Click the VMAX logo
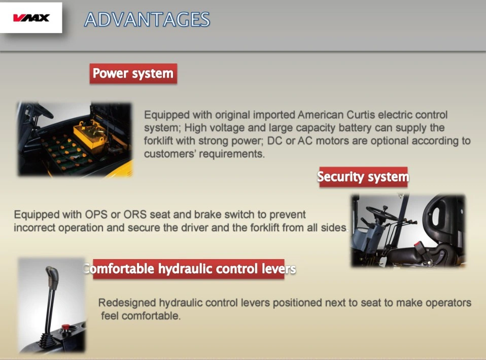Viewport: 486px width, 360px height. [31, 18]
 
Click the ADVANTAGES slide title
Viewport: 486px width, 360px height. [147, 19]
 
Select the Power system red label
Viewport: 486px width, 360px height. [133, 74]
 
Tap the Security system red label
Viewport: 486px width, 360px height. [363, 177]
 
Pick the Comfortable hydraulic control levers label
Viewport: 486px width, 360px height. [189, 269]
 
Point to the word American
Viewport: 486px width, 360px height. [320, 115]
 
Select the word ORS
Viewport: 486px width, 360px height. [134, 214]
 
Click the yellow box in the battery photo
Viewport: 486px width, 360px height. [90, 136]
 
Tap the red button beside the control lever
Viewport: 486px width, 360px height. [66, 327]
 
